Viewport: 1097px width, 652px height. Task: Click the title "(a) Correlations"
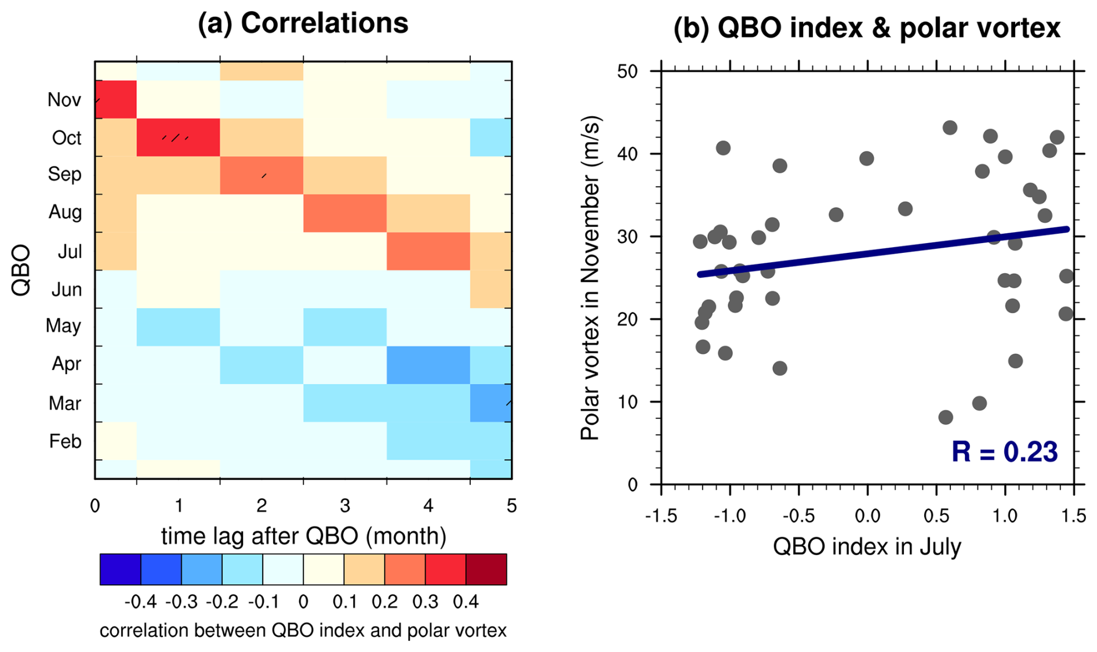[303, 24]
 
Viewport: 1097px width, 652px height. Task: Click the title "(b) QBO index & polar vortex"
[866, 28]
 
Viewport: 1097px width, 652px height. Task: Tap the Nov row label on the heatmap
[64, 100]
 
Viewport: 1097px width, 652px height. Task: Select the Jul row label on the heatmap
[70, 252]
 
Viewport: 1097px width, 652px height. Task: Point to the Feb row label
[65, 441]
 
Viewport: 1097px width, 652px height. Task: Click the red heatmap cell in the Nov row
[116, 100]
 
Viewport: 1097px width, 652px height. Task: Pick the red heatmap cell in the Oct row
[178, 137]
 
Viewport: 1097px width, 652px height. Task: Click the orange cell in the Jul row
[428, 251]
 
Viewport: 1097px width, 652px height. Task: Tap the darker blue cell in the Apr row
[428, 365]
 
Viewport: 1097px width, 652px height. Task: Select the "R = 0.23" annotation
[1004, 452]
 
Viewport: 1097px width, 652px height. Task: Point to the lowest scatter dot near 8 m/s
[945, 417]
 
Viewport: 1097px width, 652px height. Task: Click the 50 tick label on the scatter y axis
[627, 71]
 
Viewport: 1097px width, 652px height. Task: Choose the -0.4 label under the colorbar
[140, 602]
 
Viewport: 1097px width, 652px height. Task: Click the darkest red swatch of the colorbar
[486, 569]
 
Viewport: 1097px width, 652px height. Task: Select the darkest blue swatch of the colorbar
[121, 569]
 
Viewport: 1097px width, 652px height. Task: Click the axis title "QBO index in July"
[867, 546]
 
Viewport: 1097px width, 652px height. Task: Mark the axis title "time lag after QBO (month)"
[303, 536]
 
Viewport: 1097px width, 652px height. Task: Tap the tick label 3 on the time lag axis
[345, 506]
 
